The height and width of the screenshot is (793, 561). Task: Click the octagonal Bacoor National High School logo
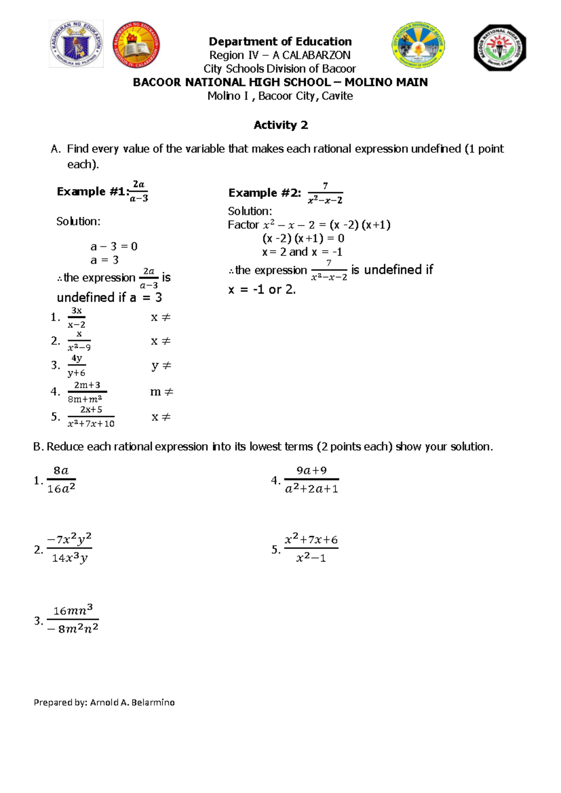tap(500, 47)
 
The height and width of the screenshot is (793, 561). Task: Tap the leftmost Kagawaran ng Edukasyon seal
tap(76, 44)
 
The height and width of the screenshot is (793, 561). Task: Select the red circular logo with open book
tap(137, 44)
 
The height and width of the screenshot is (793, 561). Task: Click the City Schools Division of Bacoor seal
tap(418, 45)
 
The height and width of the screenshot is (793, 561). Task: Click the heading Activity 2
tap(280, 125)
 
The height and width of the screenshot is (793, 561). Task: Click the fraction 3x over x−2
tap(76, 317)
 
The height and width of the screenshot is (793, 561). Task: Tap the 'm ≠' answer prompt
tap(161, 392)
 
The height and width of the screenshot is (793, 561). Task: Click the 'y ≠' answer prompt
tap(161, 366)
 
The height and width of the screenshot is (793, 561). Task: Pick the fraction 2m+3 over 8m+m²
tap(87, 392)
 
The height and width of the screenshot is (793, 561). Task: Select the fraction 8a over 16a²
tap(61, 480)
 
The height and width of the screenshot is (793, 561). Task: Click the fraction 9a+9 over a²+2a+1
tap(311, 480)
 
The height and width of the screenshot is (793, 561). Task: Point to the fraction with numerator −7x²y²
tap(70, 548)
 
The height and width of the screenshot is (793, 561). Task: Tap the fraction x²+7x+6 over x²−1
tap(311, 548)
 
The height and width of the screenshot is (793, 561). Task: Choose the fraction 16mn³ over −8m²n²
tap(73, 620)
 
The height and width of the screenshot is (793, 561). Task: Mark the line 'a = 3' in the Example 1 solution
tap(105, 260)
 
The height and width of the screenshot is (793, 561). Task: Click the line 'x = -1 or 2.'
tap(262, 290)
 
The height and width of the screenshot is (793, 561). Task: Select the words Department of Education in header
tap(280, 42)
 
